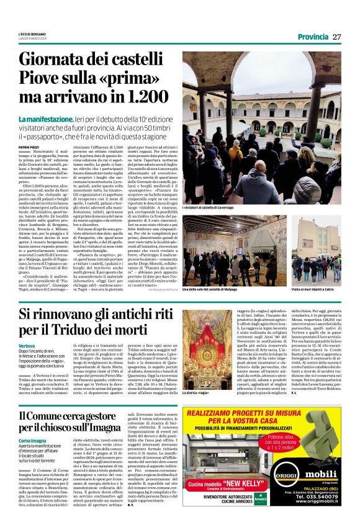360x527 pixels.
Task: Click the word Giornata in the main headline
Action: (53, 61)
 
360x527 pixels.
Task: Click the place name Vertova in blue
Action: (27, 345)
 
